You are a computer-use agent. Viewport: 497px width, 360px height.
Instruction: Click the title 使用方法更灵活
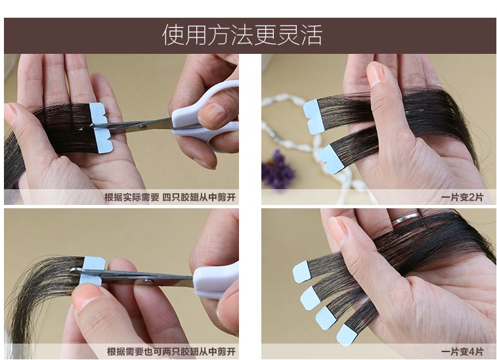point(242,35)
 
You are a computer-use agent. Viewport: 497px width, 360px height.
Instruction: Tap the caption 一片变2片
point(462,197)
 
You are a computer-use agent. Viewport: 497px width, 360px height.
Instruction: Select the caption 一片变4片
point(462,351)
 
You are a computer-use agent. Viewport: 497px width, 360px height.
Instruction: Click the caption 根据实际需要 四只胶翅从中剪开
point(170,197)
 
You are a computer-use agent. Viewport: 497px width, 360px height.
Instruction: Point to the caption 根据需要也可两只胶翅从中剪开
point(171,351)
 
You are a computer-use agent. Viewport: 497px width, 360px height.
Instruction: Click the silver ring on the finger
point(407,219)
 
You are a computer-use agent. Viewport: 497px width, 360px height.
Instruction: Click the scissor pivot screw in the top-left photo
point(143,127)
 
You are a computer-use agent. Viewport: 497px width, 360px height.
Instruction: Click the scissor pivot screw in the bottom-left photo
point(147,281)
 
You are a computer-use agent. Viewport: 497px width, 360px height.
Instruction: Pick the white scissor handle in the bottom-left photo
point(215,281)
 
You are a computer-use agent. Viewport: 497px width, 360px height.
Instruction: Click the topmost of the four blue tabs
point(301,272)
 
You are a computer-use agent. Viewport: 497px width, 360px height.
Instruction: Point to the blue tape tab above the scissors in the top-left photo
point(98,114)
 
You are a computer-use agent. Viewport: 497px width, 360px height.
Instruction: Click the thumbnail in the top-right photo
point(376,74)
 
